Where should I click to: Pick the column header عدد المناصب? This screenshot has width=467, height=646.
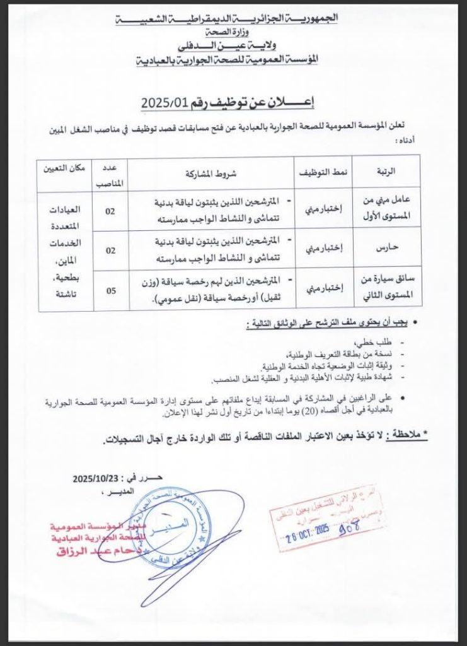111,173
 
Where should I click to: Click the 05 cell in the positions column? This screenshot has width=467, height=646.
110,290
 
